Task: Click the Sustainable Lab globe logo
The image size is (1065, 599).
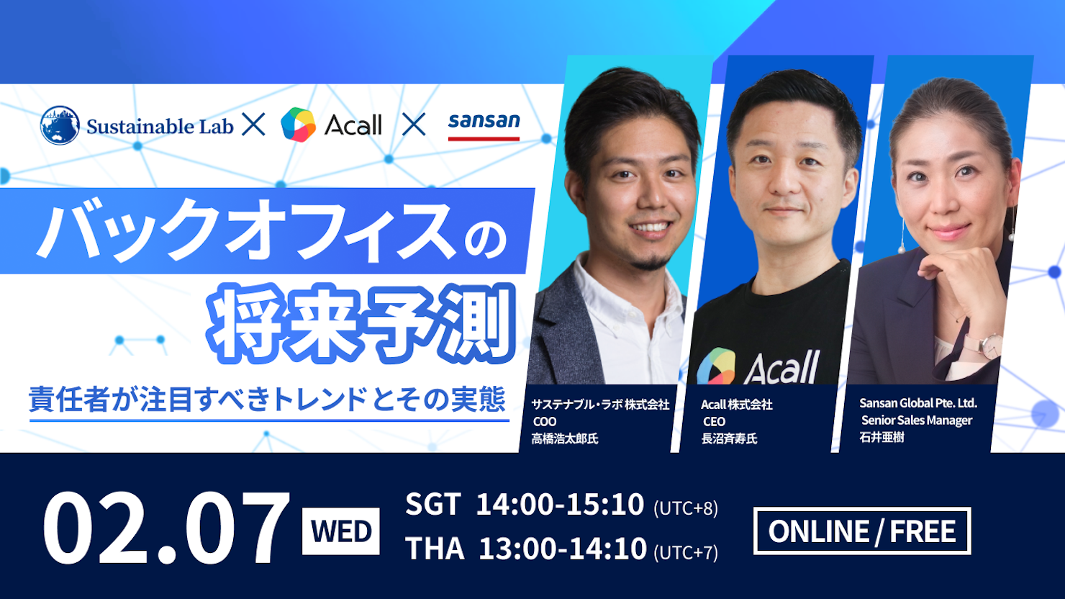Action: point(60,125)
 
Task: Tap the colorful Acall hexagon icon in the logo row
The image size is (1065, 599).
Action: point(298,125)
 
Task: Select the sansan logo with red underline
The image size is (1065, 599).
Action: point(484,126)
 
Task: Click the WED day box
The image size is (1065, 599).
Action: point(341,531)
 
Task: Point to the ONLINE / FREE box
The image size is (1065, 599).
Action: point(862,531)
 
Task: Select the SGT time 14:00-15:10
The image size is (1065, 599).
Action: point(560,504)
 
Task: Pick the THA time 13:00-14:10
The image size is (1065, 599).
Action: point(563,549)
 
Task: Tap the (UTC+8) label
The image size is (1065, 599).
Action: point(686,508)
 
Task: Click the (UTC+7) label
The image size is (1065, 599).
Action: point(686,552)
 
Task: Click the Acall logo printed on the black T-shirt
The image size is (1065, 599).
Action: point(758,366)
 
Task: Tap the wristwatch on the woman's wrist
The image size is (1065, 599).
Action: point(988,346)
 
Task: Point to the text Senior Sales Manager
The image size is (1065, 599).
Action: point(917,420)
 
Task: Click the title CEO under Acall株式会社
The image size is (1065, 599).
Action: point(714,422)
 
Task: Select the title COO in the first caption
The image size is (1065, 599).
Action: point(545,422)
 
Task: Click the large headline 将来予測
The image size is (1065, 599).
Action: point(361,323)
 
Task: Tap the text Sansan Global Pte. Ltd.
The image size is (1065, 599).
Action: point(918,403)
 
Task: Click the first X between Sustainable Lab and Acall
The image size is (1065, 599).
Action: point(253,125)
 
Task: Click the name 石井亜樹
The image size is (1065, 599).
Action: point(882,437)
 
